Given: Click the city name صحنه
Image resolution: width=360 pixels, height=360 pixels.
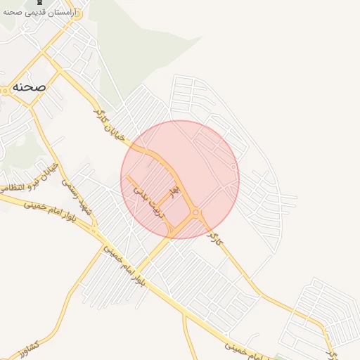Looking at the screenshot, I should coord(28,87).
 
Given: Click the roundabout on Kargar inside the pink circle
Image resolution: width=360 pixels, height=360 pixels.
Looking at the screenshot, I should coord(195,212).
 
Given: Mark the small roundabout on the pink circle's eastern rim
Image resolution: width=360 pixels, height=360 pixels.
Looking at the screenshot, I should coord(233,167).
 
